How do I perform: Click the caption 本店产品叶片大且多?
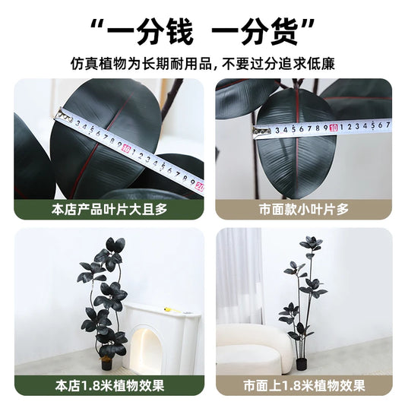tap(109, 210)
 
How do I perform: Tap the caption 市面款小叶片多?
tap(304, 210)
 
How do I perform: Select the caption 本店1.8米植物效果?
tap(109, 386)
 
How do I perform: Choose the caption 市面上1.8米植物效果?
tap(304, 386)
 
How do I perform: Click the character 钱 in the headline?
tap(178, 31)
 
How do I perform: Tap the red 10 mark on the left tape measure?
tap(125, 148)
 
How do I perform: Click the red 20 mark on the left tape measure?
tap(200, 186)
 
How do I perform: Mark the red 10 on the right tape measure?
tap(334, 128)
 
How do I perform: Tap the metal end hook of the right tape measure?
tap(261, 131)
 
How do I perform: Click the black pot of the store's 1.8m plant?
tap(106, 364)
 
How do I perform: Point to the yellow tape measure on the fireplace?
tap(170, 309)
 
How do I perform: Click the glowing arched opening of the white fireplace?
tap(145, 349)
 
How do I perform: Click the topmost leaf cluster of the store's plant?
tap(115, 245)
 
